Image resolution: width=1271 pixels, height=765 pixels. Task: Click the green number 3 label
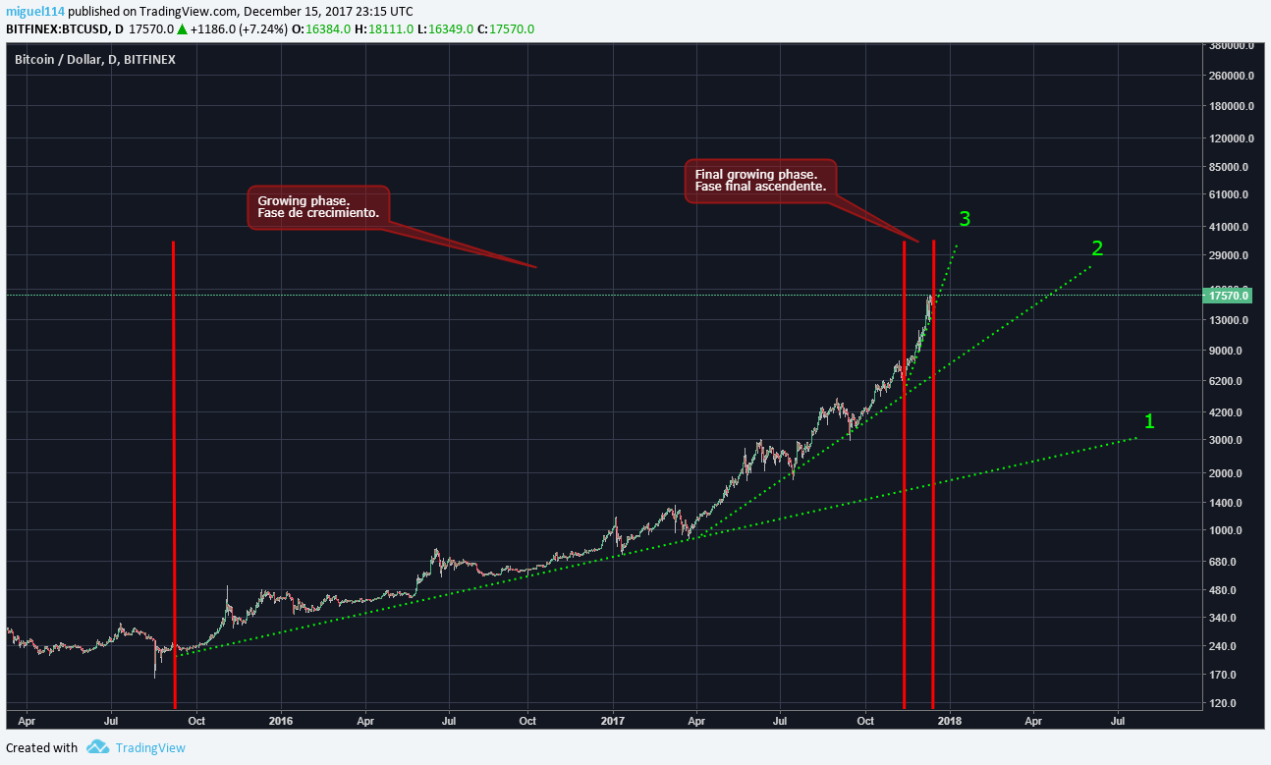965,219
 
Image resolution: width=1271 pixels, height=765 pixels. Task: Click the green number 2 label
1097,248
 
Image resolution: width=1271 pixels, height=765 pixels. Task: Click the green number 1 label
1149,421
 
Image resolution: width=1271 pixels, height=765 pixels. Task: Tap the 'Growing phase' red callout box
318,207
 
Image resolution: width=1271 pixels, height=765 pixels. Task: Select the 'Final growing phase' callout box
759,181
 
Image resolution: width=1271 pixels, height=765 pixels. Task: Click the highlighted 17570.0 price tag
1229,296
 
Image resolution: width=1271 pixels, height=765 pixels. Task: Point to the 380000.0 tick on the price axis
1232,46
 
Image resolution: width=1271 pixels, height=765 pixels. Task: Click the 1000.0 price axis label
1229,531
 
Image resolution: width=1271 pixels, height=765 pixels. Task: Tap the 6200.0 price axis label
1229,381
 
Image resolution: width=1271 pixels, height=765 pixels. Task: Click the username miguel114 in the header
35,11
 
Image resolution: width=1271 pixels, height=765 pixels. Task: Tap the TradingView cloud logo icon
97,747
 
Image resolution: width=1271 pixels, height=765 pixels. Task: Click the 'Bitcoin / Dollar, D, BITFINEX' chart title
95,60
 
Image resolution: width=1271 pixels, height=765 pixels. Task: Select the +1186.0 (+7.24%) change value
240,28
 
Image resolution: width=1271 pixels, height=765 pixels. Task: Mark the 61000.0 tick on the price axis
1229,197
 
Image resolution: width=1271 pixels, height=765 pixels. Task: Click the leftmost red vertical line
174,471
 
